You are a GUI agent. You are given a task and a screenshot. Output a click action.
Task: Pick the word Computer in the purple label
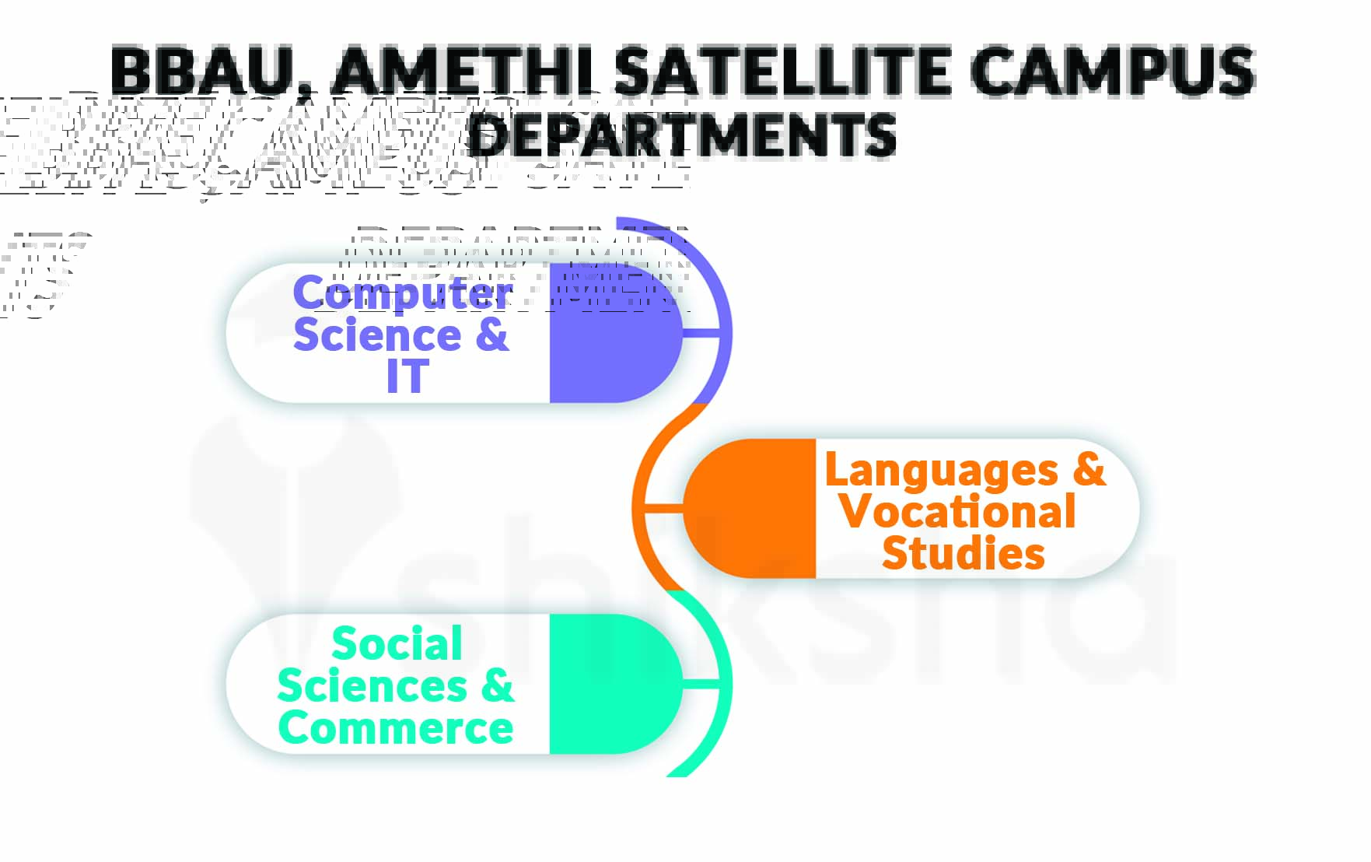click(402, 294)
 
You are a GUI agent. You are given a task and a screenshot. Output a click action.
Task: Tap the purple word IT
click(407, 377)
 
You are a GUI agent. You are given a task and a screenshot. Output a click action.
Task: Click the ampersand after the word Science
click(491, 335)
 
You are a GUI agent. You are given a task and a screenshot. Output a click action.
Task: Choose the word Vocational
click(958, 512)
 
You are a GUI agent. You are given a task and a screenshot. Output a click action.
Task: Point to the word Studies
click(964, 553)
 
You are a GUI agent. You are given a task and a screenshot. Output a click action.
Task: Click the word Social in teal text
click(397, 644)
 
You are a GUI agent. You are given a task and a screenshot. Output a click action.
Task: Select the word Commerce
click(396, 727)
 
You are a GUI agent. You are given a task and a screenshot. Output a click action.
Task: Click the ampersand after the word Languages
click(1089, 469)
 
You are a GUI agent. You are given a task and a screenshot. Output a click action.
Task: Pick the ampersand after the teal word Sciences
click(497, 685)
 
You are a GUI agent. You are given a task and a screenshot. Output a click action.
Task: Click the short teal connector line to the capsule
click(705, 684)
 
